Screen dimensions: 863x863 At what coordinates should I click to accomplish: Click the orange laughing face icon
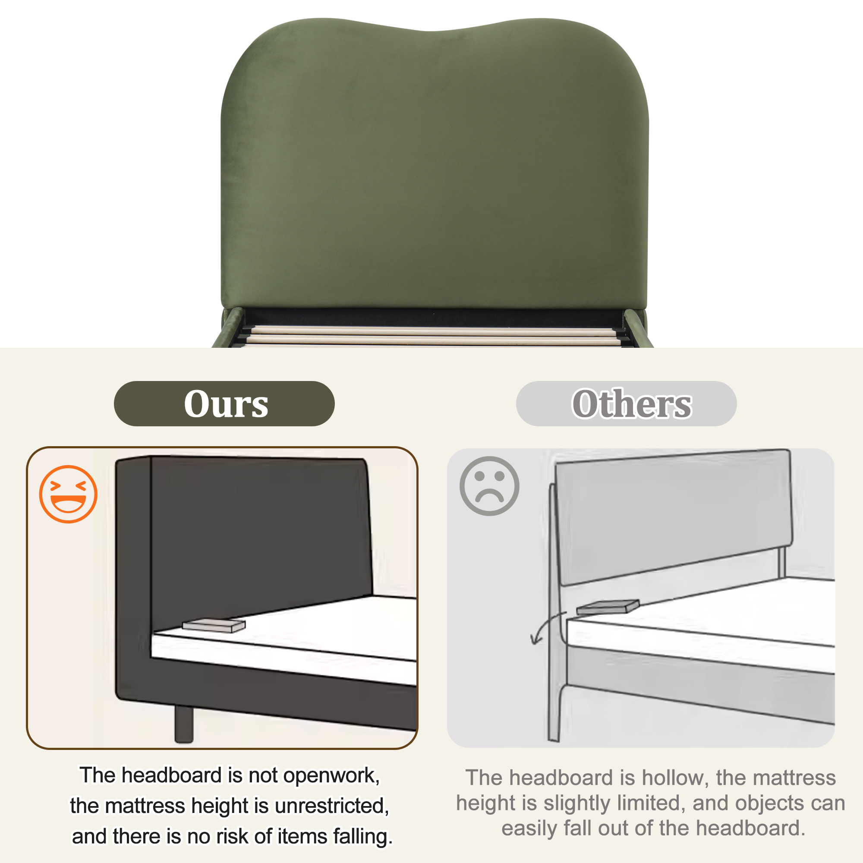click(68, 494)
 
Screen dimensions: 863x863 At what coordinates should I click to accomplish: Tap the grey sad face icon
click(490, 486)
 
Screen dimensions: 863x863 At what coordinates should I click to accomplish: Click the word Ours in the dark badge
click(226, 404)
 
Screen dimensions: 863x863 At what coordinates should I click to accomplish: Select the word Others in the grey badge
click(632, 404)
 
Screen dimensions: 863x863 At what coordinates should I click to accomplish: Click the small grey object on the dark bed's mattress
click(214, 625)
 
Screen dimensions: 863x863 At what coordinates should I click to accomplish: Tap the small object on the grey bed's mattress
click(608, 607)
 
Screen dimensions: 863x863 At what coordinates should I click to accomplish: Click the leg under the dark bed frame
click(183, 724)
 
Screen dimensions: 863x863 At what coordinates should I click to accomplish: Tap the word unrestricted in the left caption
click(332, 806)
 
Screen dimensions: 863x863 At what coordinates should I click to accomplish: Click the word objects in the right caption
click(771, 803)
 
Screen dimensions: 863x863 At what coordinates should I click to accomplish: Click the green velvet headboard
click(434, 165)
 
